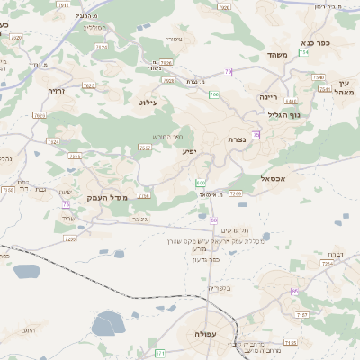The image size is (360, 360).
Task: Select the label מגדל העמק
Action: pyautogui.click(x=108, y=197)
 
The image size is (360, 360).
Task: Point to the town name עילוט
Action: pyautogui.click(x=147, y=103)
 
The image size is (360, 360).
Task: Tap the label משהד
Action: pyautogui.click(x=277, y=55)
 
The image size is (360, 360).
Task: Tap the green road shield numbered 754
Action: pyautogui.click(x=304, y=54)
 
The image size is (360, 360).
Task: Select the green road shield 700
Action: pyautogui.click(x=213, y=94)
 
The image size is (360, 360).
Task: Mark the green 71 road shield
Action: pyautogui.click(x=159, y=352)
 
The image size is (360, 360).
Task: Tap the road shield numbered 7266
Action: pyautogui.click(x=235, y=193)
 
